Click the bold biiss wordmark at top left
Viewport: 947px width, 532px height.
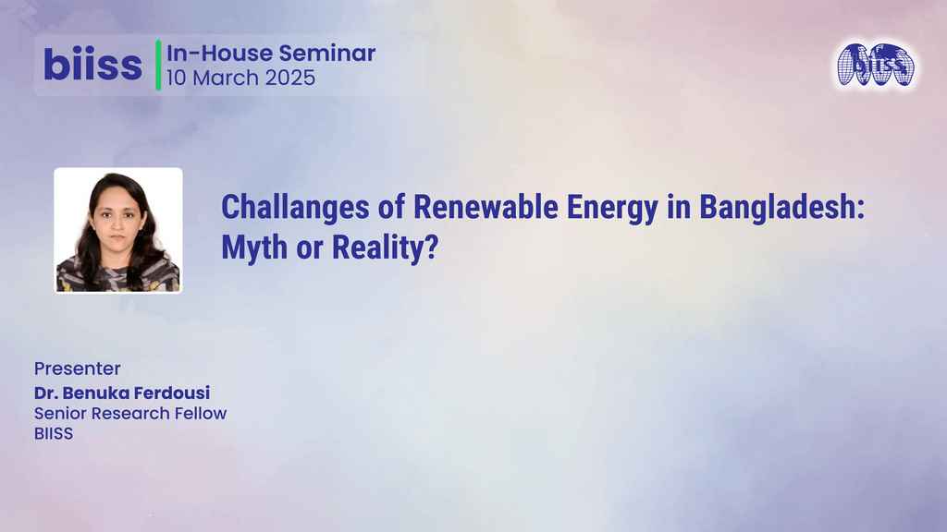92,65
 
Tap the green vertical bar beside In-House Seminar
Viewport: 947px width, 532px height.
158,65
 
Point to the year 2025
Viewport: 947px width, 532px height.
289,78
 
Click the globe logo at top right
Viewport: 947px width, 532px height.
875,65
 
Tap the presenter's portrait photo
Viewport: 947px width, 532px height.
117,230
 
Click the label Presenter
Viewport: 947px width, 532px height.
78,369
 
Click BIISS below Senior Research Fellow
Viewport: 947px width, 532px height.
54,432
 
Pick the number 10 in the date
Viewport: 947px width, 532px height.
177,78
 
